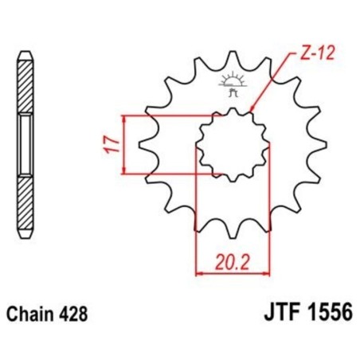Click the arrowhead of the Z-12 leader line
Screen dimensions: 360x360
(251, 110)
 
